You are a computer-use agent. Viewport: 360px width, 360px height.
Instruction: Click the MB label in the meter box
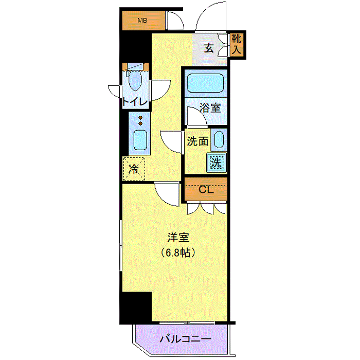142,21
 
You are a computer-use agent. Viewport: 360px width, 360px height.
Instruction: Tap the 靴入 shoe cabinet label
236,44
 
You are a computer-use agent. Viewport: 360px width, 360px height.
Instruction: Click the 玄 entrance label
209,48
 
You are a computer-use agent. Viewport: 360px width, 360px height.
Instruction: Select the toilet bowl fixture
135,80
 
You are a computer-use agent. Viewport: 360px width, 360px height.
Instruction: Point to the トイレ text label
135,101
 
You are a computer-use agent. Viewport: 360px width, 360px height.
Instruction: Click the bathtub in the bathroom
206,83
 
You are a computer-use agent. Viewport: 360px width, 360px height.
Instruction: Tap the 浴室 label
210,107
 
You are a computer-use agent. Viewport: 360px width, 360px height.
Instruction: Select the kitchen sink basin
140,140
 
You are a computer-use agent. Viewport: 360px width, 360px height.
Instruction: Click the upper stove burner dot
140,118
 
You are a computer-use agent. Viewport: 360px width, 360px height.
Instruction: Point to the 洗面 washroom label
197,141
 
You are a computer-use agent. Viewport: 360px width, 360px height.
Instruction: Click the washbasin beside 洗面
219,139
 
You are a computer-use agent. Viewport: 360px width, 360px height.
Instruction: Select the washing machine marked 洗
217,163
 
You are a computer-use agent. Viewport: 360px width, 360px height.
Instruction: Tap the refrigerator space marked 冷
134,169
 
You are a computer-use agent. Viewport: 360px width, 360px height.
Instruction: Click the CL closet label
206,190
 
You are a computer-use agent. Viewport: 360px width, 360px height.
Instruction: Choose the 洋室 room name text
178,237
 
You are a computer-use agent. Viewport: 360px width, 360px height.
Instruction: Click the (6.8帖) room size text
178,253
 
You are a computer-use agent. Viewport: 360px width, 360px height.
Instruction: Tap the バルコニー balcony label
185,338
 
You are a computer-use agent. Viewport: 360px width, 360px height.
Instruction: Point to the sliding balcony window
187,323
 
